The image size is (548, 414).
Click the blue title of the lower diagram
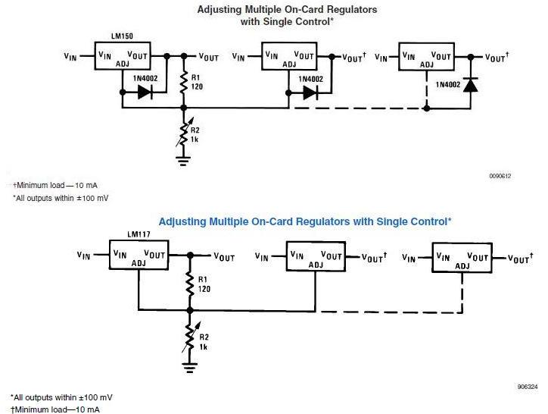click(305, 221)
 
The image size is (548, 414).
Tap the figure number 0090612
click(500, 176)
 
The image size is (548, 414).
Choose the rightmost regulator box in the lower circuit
click(461, 258)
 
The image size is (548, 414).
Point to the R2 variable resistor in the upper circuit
click(182, 134)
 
